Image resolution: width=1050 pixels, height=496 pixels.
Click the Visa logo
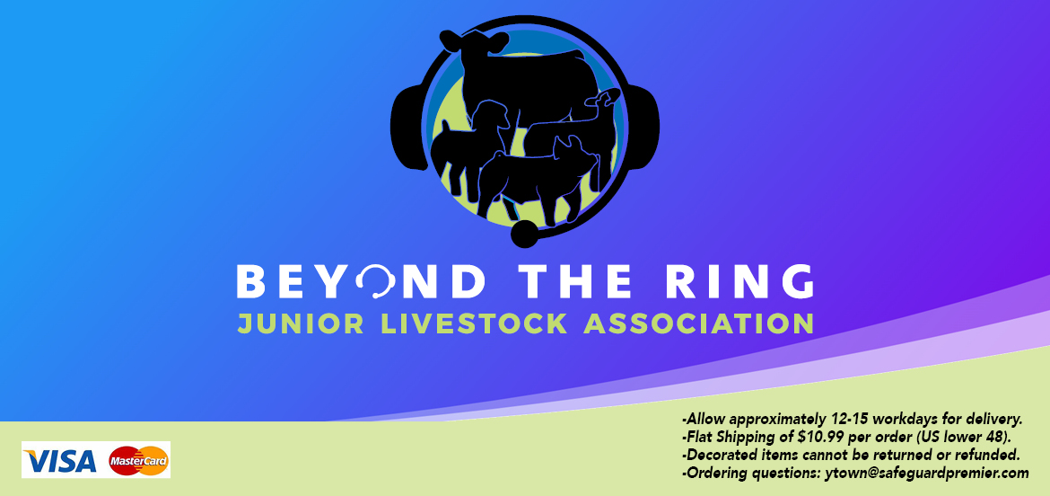pos(59,460)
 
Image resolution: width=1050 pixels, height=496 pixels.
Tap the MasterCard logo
pos(138,460)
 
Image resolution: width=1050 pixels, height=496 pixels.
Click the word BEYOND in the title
pos(361,281)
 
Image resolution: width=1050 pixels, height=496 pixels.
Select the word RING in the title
pos(740,281)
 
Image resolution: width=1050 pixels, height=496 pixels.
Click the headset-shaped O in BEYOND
pos(376,281)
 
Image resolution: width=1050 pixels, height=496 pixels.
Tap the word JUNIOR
pos(301,323)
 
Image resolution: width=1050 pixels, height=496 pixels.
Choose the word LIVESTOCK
pos(474,323)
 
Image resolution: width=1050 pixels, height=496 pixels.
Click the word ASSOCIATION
pos(699,323)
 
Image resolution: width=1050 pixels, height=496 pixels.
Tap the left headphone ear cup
pos(407,127)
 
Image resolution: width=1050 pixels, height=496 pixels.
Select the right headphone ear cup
pos(643,127)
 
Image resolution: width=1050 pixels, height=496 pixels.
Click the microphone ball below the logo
pos(524,234)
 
